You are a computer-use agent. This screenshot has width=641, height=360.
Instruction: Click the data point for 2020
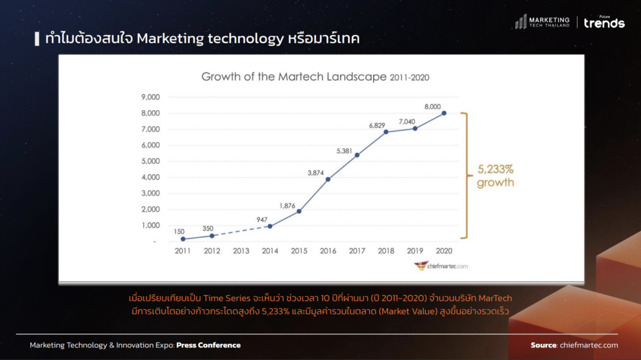[x=444, y=113]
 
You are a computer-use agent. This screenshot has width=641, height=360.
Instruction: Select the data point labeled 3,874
[x=328, y=179]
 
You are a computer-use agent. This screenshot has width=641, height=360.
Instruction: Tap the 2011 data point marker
[x=183, y=239]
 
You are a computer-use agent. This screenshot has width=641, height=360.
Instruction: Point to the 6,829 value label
[x=377, y=125]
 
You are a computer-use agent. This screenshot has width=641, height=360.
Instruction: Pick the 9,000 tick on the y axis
[x=151, y=97]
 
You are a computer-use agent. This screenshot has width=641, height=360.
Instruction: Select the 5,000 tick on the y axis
[x=151, y=161]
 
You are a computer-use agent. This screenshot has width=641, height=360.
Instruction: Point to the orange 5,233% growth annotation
[x=495, y=177]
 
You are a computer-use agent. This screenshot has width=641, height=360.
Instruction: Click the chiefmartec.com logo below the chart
[x=441, y=266]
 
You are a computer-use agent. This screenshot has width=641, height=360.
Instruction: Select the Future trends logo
[x=604, y=23]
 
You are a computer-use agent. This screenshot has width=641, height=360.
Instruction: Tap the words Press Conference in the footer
[x=208, y=345]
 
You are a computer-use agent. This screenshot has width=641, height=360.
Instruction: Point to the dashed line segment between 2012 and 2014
[x=240, y=231]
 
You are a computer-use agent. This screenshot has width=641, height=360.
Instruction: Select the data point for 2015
[x=299, y=211]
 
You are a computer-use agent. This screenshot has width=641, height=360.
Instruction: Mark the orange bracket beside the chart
[x=464, y=175]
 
